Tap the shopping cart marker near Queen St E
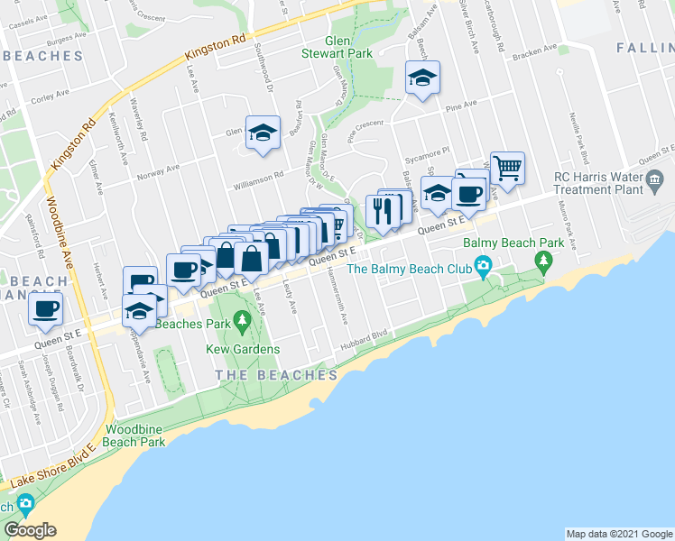tap(507, 167)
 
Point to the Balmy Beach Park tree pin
tap(543, 261)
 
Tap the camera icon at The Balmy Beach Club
tap(484, 265)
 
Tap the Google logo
tap(30, 530)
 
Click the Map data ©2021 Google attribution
tap(619, 534)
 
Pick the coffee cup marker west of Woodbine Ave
tap(44, 308)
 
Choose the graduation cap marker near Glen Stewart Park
tap(421, 78)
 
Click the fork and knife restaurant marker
tap(381, 211)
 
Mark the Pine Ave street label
tap(460, 106)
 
